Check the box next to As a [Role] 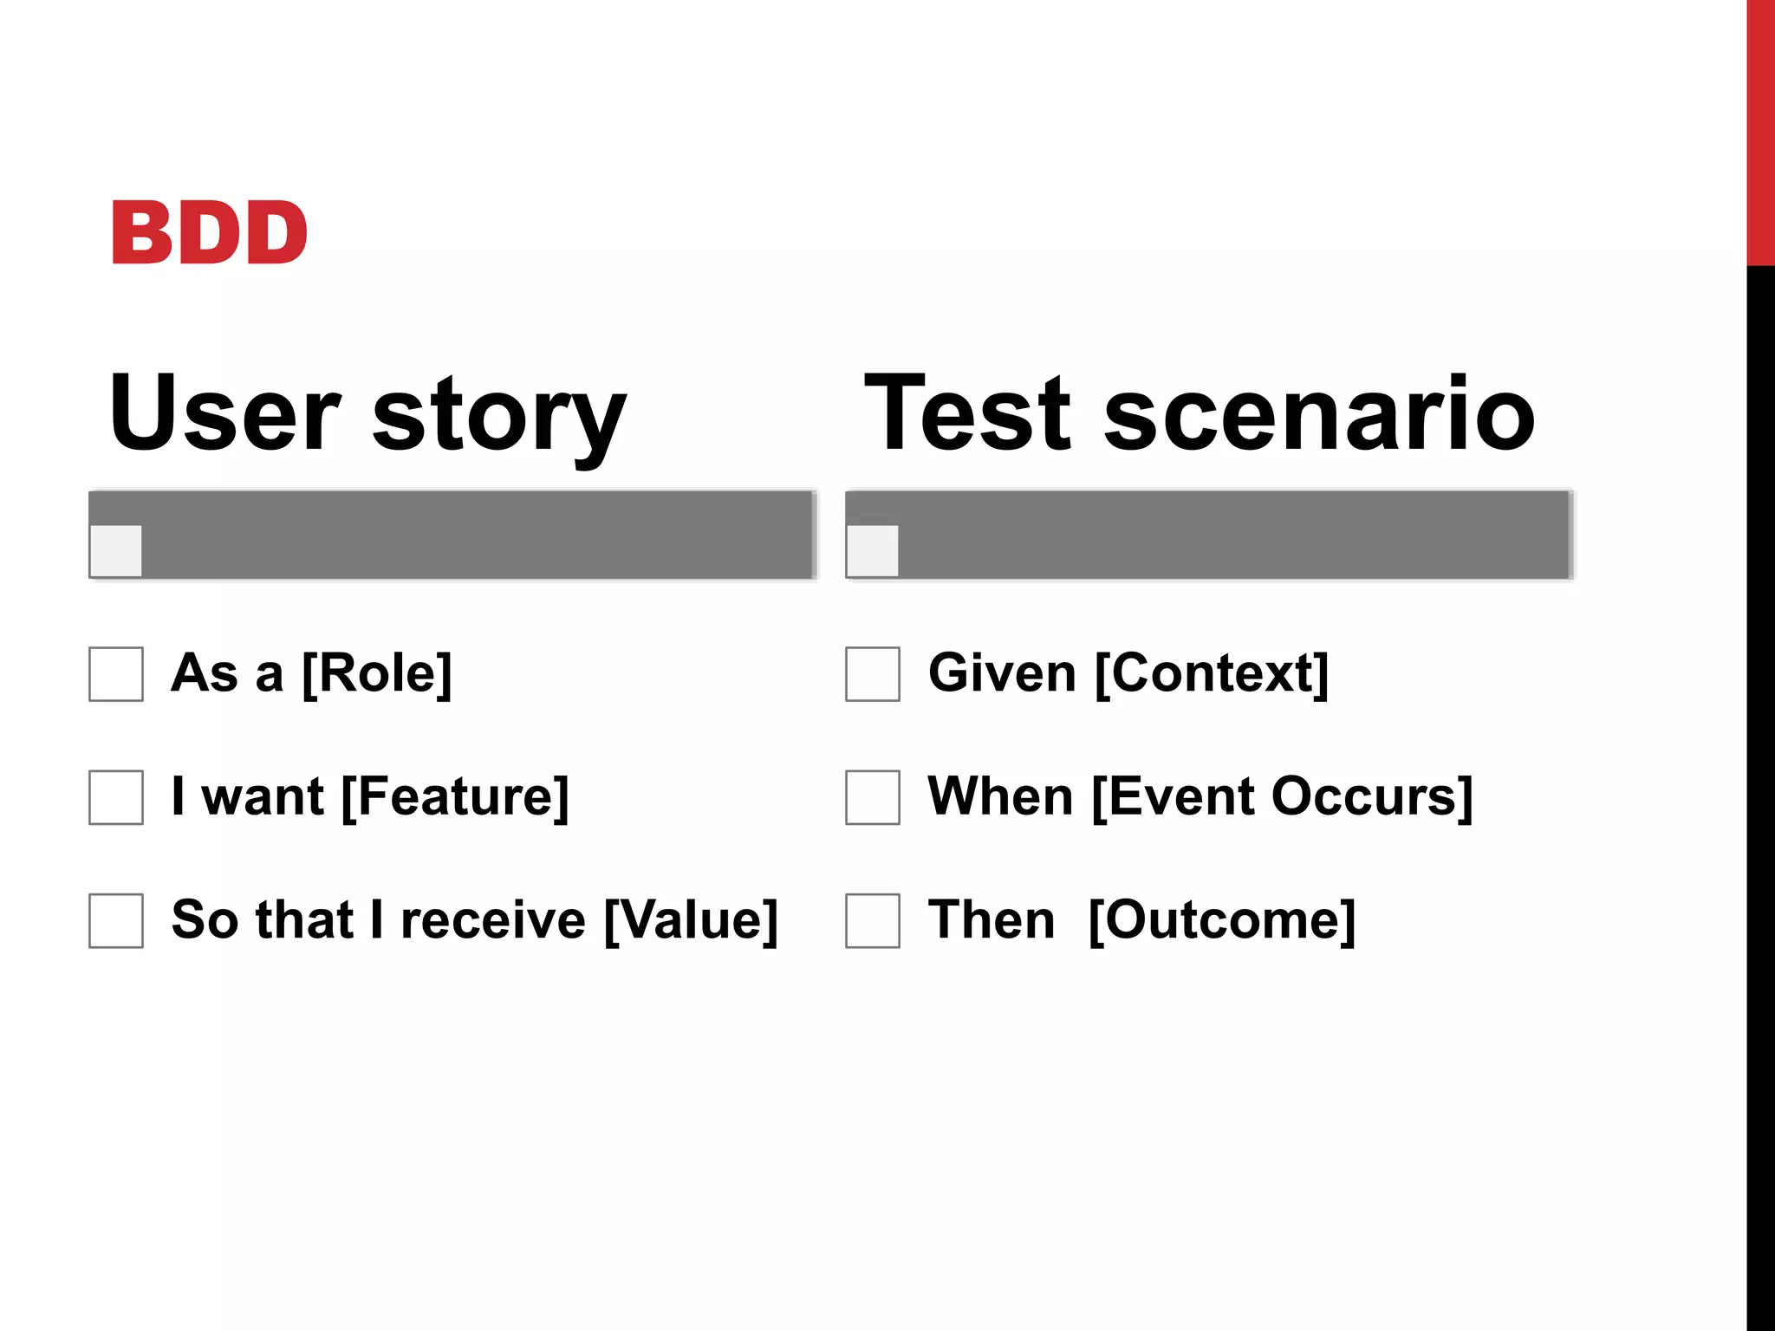pyautogui.click(x=116, y=674)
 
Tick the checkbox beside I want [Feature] pyautogui.click(x=116, y=797)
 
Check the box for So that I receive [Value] pyautogui.click(x=116, y=920)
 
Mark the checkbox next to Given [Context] pyautogui.click(x=873, y=674)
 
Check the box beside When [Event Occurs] pyautogui.click(x=873, y=797)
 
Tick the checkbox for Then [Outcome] pyautogui.click(x=873, y=920)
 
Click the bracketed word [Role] pyautogui.click(x=377, y=673)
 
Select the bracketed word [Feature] pyautogui.click(x=455, y=797)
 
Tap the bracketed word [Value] pyautogui.click(x=691, y=920)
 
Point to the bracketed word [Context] pyautogui.click(x=1212, y=673)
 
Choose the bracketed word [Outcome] pyautogui.click(x=1222, y=920)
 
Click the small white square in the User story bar pyautogui.click(x=116, y=550)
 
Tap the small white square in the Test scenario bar pyautogui.click(x=873, y=550)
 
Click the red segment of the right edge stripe pyautogui.click(x=1760, y=130)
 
